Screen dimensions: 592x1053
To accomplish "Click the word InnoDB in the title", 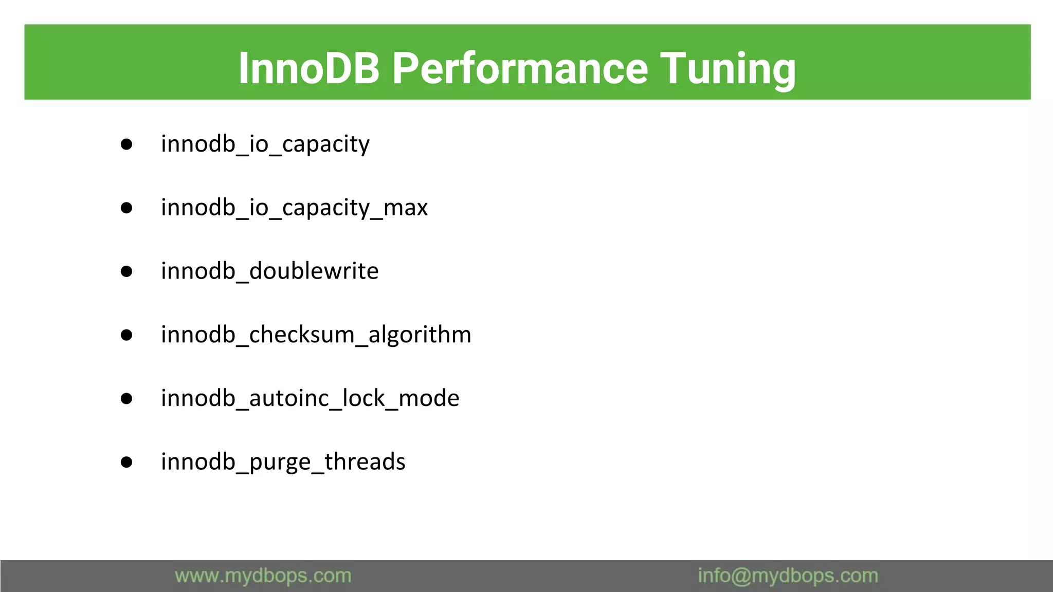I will pos(308,68).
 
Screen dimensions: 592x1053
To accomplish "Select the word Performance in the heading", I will pos(520,68).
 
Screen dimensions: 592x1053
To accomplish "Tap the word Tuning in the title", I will pos(728,68).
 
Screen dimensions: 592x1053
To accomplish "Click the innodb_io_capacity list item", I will pos(265,144).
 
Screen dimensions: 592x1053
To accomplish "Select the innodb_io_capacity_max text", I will pos(294,208).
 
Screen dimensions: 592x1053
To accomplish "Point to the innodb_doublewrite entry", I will pos(269,271).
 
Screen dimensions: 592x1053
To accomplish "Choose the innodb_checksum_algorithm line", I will pos(316,335).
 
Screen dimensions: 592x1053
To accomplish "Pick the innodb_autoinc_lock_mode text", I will pos(310,398).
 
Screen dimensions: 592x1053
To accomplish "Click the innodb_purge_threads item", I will pos(283,461).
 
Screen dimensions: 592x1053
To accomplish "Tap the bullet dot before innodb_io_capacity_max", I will pos(126,208).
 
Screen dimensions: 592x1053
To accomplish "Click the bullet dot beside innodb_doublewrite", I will pos(126,271).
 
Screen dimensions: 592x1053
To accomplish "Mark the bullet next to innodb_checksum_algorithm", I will pos(126,335).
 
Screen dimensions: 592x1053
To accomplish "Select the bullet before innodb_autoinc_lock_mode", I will pos(126,399).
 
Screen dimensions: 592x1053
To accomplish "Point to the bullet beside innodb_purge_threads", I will pos(126,462).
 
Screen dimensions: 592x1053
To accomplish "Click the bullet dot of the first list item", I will pos(126,144).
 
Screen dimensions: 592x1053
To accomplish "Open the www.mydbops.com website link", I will pos(263,576).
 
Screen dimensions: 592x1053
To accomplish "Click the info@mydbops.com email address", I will pos(788,576).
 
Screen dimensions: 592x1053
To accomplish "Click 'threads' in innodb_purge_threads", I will pos(365,461).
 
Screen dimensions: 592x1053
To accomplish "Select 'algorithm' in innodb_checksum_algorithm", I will pos(420,335).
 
